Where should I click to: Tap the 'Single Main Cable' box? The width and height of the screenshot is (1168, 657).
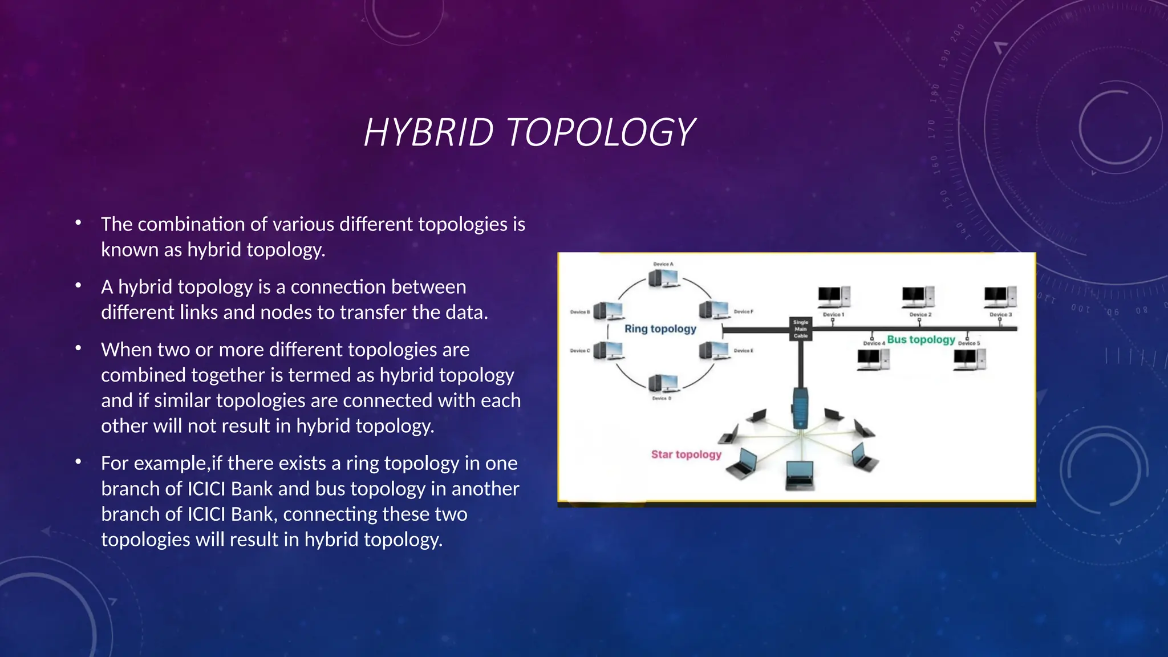pyautogui.click(x=801, y=329)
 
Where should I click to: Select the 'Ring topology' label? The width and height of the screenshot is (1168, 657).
pyautogui.click(x=660, y=329)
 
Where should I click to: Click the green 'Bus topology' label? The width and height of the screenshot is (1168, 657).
pyautogui.click(x=920, y=340)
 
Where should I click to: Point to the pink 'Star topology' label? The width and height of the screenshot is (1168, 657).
pyautogui.click(x=686, y=455)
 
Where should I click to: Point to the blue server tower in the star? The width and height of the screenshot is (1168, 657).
pyautogui.click(x=801, y=407)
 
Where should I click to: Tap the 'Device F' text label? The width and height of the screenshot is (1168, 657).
pyautogui.click(x=743, y=311)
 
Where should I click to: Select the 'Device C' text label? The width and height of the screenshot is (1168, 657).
pyautogui.click(x=580, y=351)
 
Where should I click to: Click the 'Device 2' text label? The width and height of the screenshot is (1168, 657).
pyautogui.click(x=920, y=315)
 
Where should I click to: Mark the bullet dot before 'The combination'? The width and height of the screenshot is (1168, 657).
pyautogui.click(x=78, y=222)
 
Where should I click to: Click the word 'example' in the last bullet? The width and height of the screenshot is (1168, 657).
pyautogui.click(x=169, y=464)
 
